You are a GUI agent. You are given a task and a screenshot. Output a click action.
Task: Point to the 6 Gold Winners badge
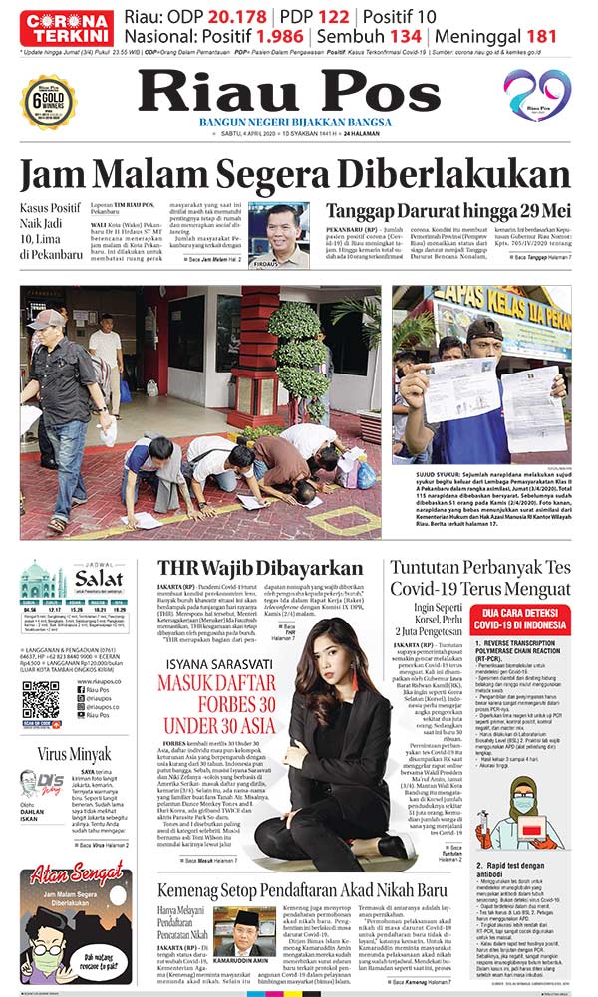click(49, 101)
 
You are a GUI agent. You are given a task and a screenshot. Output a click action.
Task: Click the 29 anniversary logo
click(537, 94)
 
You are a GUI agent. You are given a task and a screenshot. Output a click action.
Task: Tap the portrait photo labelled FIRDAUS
click(279, 234)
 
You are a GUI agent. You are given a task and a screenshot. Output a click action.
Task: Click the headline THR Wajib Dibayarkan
click(260, 568)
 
